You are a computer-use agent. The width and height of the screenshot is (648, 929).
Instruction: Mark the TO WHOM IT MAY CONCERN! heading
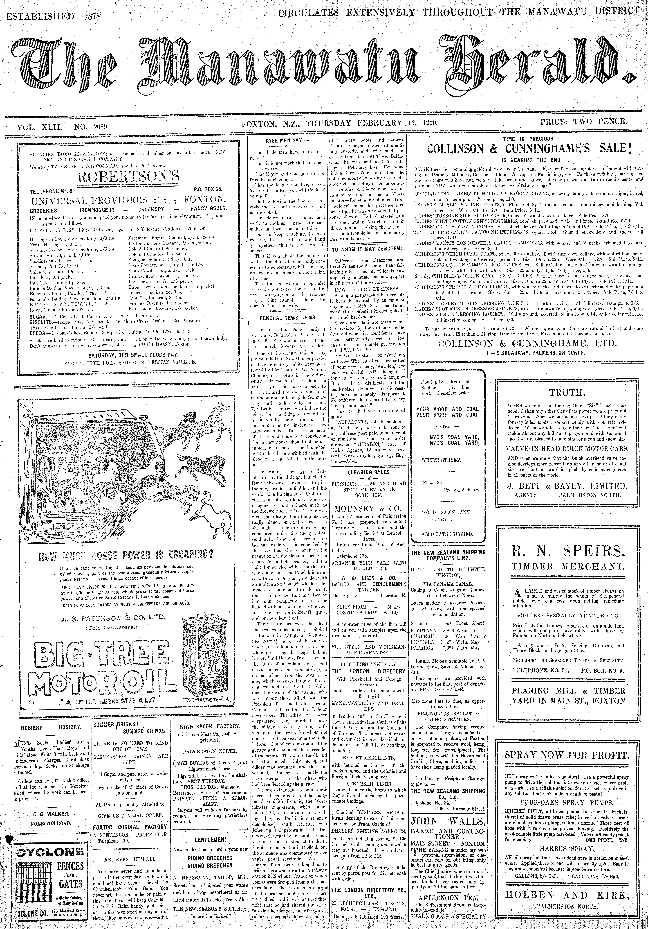(x=366, y=248)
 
